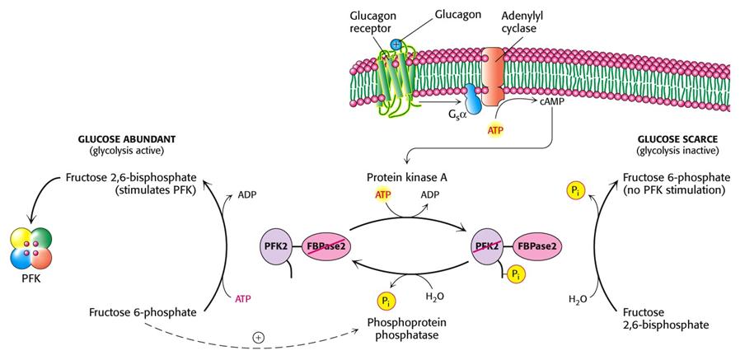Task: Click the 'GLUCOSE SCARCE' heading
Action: click(673, 141)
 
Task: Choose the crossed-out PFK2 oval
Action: click(489, 246)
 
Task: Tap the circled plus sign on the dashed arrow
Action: click(257, 338)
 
